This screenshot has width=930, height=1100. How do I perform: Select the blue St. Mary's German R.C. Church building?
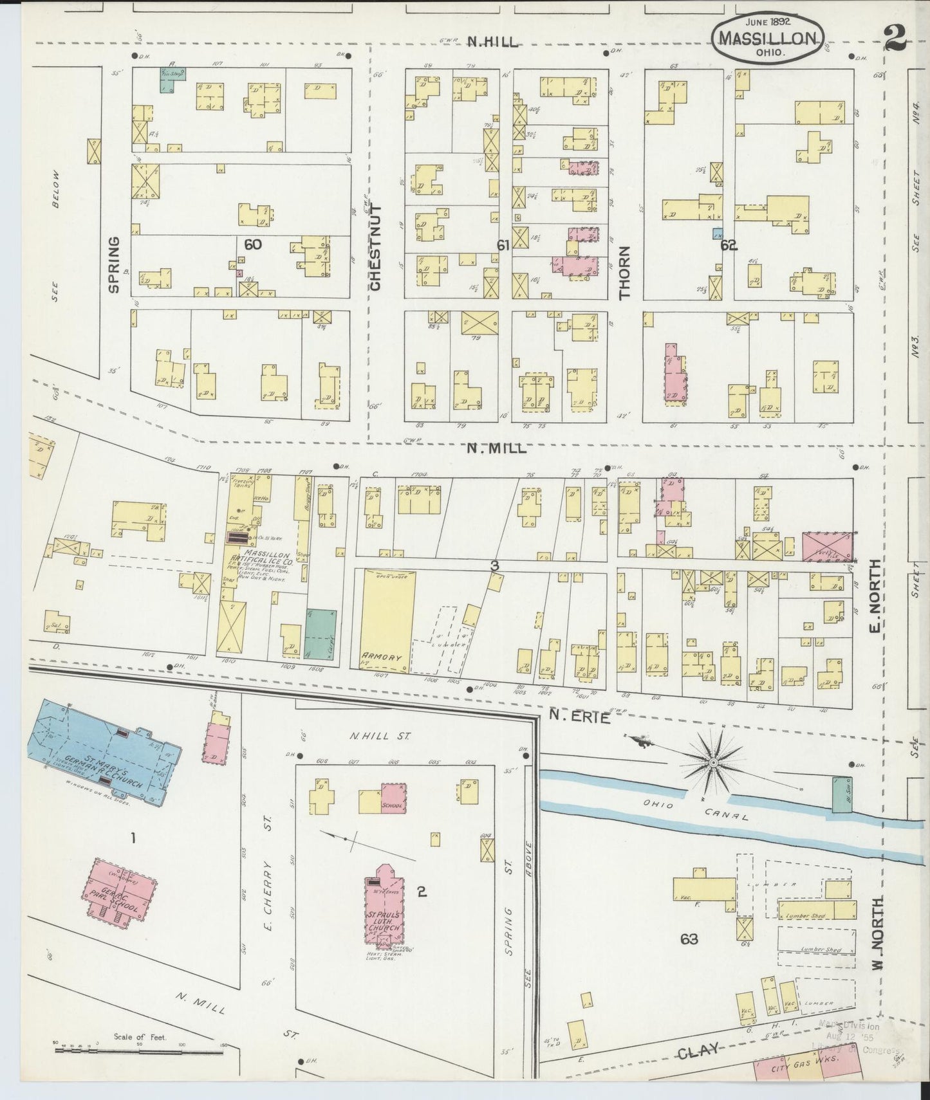pos(103,749)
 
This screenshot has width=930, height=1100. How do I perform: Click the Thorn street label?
pos(624,273)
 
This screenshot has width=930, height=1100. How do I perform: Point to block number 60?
pos(253,244)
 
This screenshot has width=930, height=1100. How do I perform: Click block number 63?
pos(689,940)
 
